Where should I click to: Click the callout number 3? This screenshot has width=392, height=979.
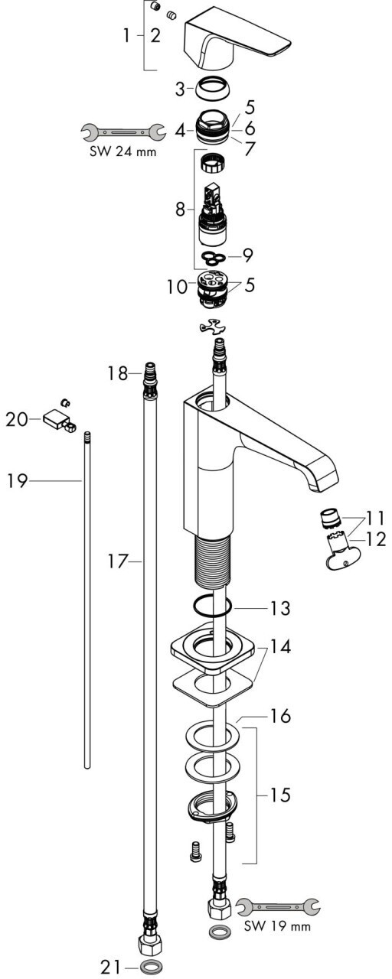[x=180, y=89]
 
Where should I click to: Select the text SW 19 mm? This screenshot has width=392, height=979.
[x=277, y=925]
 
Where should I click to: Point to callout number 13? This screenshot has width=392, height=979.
[x=280, y=608]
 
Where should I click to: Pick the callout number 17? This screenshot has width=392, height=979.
[x=118, y=561]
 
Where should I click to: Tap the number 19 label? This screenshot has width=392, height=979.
[x=18, y=481]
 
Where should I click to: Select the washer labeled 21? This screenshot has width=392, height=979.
[x=151, y=965]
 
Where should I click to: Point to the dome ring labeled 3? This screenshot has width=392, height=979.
[x=213, y=89]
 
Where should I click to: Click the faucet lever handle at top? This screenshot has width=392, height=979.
[x=237, y=37]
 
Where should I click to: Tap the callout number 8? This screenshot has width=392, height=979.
[x=180, y=210]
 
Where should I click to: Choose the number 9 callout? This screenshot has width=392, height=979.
[x=248, y=255]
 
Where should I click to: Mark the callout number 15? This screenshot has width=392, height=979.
[x=280, y=795]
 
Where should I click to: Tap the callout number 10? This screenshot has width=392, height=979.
[x=177, y=287]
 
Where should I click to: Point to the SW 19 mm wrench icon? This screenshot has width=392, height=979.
[x=278, y=906]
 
